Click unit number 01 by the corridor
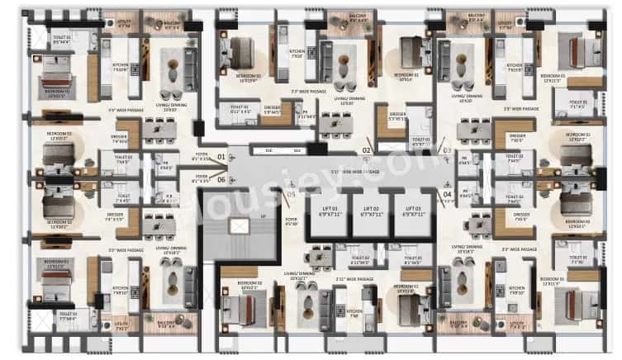220,155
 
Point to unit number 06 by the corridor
220,178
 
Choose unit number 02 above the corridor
365,149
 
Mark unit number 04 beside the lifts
446,194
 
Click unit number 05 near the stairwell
290,195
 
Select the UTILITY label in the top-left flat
124,25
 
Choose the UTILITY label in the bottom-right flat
518,328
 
